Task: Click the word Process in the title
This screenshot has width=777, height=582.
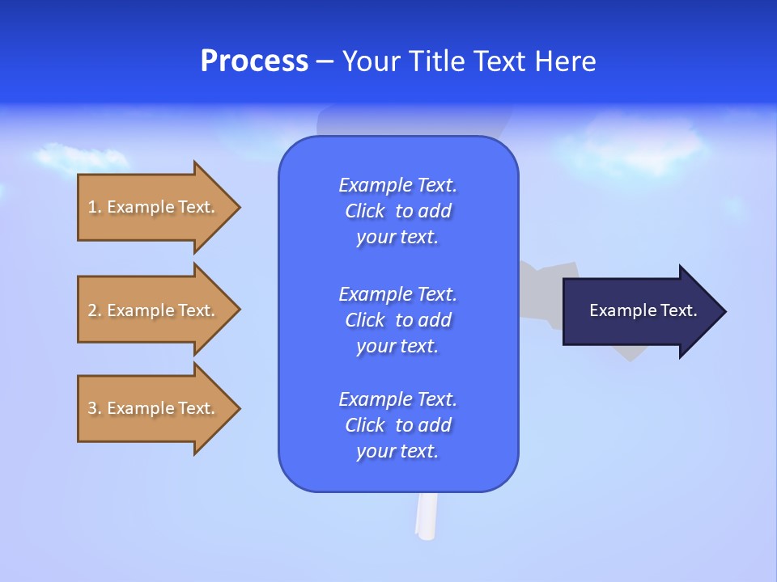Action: tap(254, 61)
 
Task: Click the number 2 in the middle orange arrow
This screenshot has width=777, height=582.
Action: tap(92, 310)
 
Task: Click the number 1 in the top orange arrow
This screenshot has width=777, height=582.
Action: tap(92, 207)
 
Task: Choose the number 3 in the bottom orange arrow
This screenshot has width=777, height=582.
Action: tap(92, 408)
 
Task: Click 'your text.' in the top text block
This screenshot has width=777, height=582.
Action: tap(397, 238)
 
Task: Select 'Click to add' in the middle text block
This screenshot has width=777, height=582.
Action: tap(397, 320)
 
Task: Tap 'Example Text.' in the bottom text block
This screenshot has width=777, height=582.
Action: tap(397, 399)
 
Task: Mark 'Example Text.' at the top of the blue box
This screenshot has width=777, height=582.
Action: tap(397, 185)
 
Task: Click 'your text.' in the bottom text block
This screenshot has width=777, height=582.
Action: tap(397, 451)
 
